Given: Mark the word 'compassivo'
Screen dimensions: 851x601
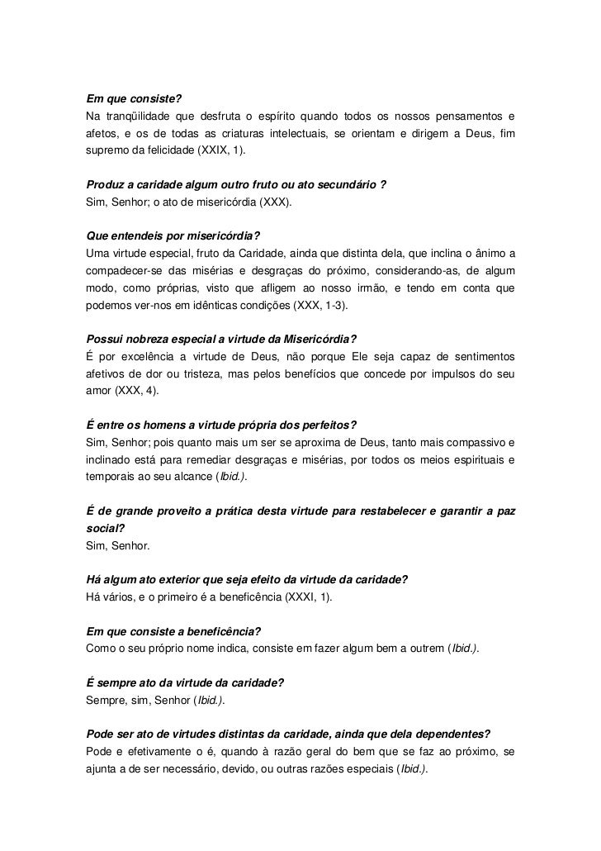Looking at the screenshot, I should tap(476, 442).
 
